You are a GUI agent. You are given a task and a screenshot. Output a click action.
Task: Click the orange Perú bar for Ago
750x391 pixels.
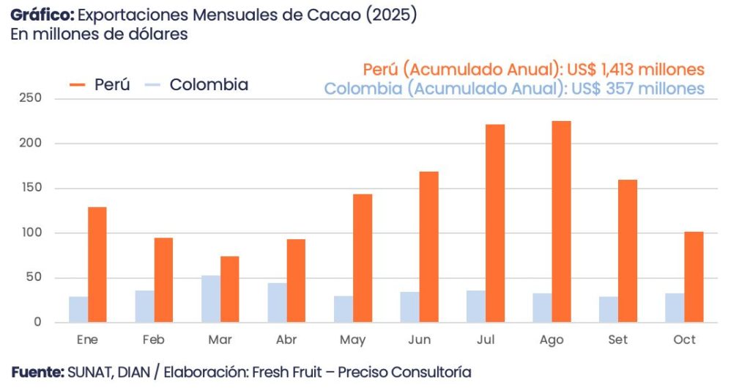point(561,222)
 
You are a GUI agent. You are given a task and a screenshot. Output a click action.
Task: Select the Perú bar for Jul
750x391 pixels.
point(495,223)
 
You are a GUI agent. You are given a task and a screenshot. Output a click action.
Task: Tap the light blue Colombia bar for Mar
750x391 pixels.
point(211,299)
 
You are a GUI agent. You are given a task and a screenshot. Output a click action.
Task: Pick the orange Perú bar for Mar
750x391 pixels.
point(230,289)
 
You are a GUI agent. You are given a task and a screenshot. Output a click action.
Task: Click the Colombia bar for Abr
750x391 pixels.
point(277,302)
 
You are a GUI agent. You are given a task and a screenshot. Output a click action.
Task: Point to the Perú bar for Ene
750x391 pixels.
point(97,264)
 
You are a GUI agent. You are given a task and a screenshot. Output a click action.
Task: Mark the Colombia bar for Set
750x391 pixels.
point(609,309)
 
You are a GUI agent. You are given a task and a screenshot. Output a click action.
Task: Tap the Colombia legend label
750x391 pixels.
point(209,85)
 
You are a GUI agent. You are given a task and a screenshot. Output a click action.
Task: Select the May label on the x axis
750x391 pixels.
point(352,340)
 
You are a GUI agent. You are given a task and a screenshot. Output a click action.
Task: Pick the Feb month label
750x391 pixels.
point(153,340)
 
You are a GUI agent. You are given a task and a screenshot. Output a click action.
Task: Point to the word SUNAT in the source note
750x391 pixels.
point(90,373)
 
